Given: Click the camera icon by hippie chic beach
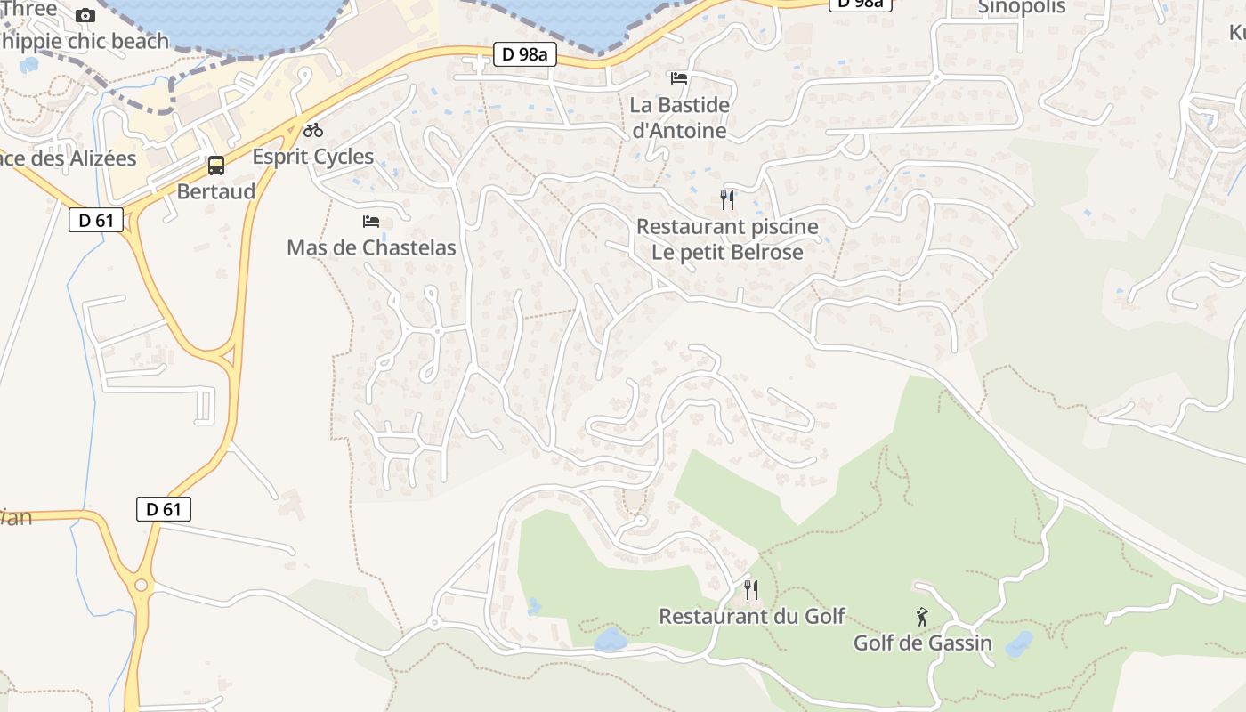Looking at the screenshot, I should (85, 15).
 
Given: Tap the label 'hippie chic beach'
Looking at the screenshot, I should (85, 41).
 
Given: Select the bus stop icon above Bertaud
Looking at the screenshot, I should (215, 165).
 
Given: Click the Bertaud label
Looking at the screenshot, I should (215, 191).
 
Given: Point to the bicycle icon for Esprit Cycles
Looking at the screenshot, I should (313, 130).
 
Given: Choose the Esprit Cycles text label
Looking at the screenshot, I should (313, 157).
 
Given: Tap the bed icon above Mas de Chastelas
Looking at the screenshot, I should (371, 221).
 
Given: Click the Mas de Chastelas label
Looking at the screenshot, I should (371, 247).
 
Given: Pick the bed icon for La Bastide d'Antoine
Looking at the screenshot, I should (679, 78).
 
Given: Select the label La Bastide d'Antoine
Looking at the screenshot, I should (679, 117).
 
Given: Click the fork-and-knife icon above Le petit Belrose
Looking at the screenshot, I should (727, 199).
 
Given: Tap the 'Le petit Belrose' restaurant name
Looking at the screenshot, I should (727, 252).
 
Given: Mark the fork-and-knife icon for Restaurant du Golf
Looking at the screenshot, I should (751, 589).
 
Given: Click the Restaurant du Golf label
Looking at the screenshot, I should (751, 616).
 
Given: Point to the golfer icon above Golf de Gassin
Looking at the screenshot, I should (922, 616).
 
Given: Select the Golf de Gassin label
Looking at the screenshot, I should (922, 643).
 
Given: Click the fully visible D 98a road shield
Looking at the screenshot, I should (525, 54).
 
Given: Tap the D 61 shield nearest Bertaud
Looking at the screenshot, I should (96, 220).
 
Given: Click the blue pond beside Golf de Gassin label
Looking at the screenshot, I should (1020, 644).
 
